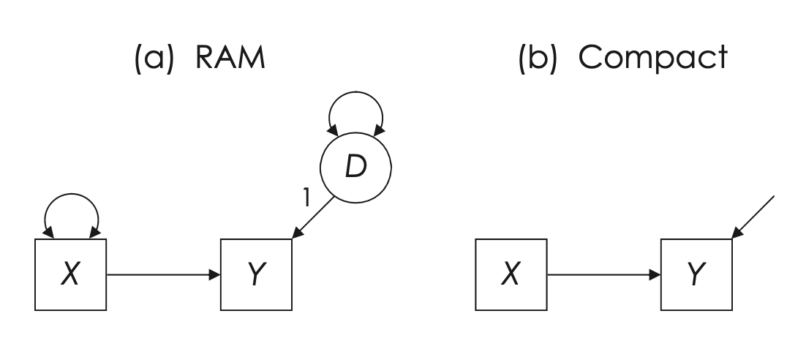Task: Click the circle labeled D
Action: tap(355, 166)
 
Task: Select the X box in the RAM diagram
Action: tap(70, 274)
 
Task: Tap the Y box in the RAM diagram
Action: tap(256, 274)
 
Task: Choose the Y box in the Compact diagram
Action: tap(697, 274)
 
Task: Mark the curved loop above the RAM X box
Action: tap(71, 209)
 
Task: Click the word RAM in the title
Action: tap(228, 56)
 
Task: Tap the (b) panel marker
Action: tap(538, 56)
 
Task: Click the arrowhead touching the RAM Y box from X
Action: tap(215, 274)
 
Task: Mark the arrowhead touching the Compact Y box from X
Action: tap(656, 274)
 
